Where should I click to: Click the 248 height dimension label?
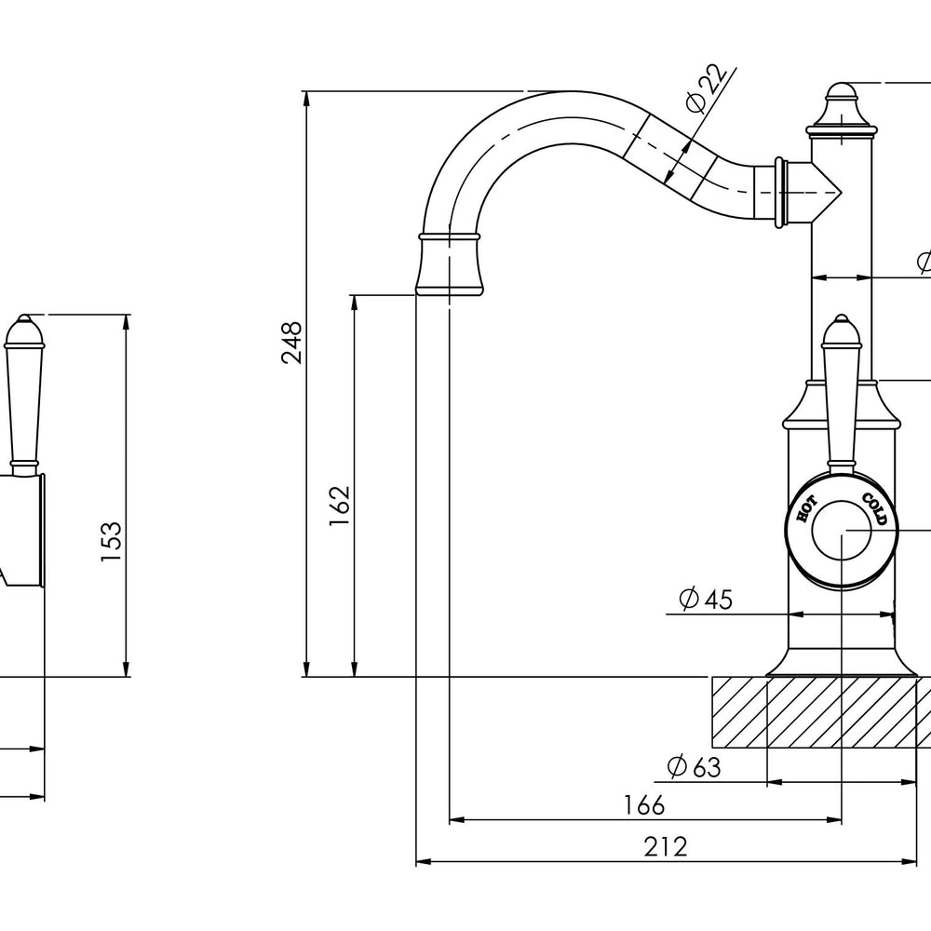pos(292,343)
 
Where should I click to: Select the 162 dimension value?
pos(340,506)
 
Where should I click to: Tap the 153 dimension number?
pos(111,542)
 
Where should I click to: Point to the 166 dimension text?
pos(644,805)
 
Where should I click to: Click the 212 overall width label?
pos(666,846)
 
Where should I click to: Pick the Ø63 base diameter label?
pos(695,766)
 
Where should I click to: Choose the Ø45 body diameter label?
pos(706,599)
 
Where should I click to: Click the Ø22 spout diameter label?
pos(706,88)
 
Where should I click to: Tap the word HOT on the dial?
pos(806,509)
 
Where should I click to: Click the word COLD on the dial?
pos(874,509)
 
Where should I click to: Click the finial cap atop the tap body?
pos(842,109)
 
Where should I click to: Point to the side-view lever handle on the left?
pos(24,392)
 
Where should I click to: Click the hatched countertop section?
pos(821,712)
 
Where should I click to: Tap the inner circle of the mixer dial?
pos(842,531)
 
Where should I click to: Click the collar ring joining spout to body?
pos(781,193)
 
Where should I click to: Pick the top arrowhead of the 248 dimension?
pos(306,99)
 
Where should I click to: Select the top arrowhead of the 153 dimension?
pos(126,322)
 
